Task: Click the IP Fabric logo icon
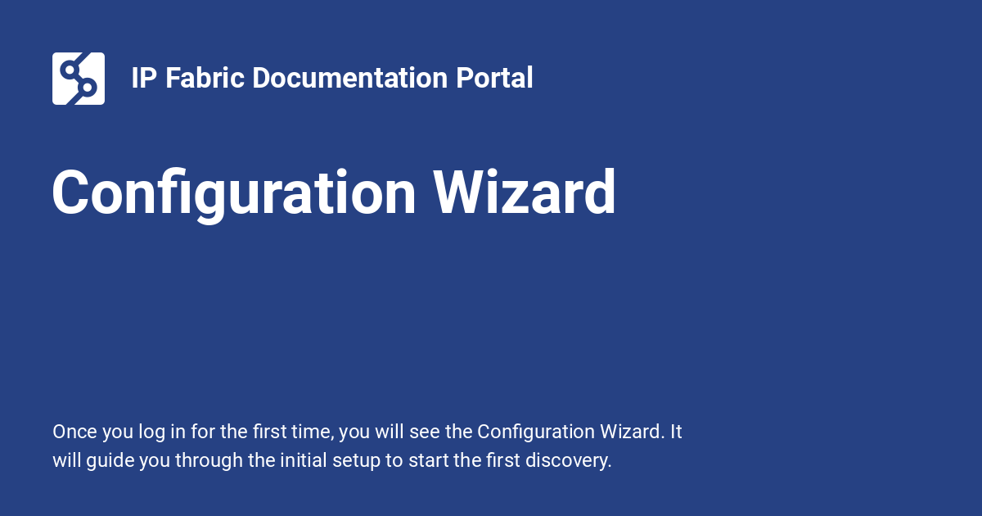coord(79,79)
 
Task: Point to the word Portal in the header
coord(494,79)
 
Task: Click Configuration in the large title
coord(234,193)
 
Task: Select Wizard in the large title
coord(525,193)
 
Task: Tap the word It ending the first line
coord(676,432)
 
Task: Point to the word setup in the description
coord(357,460)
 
